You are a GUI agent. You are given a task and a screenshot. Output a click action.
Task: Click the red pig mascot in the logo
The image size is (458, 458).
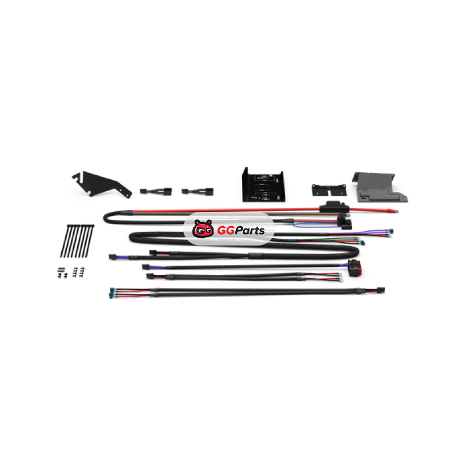click(203, 228)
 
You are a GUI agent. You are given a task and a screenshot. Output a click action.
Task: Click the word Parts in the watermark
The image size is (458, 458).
click(250, 231)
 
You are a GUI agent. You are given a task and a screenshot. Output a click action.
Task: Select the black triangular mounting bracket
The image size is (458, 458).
click(102, 184)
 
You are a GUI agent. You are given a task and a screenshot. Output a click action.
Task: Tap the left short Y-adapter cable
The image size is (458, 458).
click(156, 191)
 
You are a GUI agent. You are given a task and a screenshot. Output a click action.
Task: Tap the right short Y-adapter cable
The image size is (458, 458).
click(198, 191)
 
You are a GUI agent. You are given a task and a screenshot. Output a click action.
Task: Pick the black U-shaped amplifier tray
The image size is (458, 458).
click(263, 184)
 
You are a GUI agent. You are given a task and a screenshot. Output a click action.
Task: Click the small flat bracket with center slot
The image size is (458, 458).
click(329, 190)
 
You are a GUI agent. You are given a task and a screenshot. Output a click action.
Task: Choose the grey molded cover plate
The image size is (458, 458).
click(380, 187)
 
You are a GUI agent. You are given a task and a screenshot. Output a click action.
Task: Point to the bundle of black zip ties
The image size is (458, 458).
click(77, 241)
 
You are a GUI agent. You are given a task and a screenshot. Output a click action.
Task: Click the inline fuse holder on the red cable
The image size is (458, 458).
click(334, 207)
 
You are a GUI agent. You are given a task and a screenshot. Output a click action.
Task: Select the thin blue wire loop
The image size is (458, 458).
click(315, 225)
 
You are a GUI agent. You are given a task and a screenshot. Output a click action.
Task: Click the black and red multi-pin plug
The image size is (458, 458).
click(355, 267)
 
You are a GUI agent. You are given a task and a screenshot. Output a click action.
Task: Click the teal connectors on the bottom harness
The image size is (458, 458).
click(112, 293)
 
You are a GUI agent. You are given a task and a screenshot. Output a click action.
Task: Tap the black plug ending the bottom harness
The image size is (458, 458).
click(381, 290)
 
